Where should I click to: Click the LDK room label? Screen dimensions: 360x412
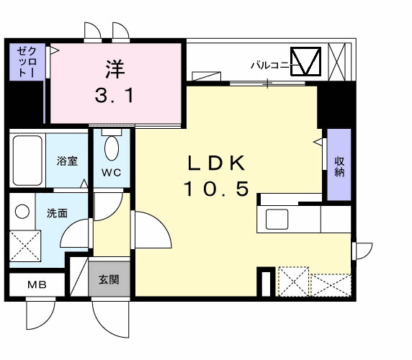pos(218,163)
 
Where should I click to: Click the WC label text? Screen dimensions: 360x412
pos(111,172)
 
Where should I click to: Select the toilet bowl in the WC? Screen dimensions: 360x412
pos(112,149)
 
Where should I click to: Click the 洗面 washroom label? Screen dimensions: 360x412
pos(57,213)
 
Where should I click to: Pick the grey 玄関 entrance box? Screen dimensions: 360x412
pos(110,279)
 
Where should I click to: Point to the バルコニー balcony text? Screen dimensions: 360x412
pos(269,66)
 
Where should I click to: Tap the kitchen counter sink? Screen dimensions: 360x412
pos(278,218)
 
